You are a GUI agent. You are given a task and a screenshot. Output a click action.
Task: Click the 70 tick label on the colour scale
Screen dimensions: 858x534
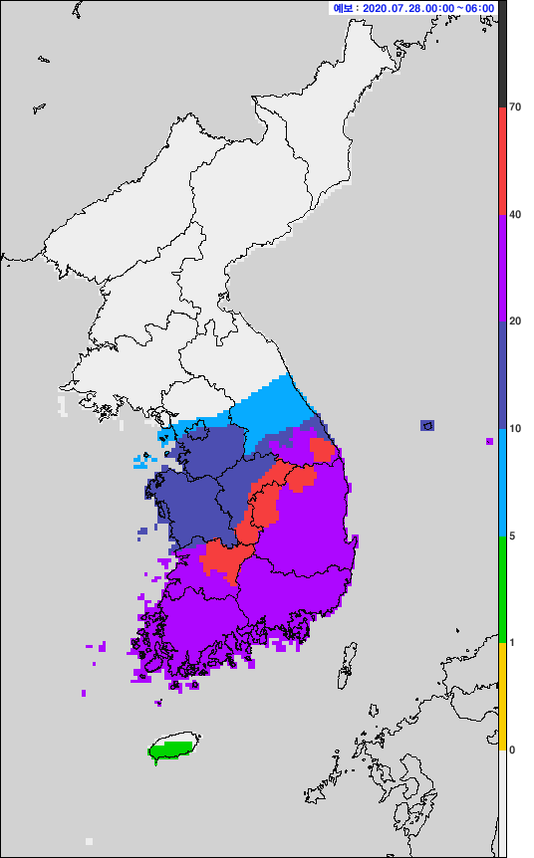click(515, 107)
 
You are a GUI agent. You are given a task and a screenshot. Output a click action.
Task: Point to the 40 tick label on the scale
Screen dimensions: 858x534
click(515, 214)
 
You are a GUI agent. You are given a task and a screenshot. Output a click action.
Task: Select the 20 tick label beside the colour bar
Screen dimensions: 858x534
click(515, 321)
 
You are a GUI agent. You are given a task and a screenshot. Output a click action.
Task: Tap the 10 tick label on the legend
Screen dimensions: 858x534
click(515, 428)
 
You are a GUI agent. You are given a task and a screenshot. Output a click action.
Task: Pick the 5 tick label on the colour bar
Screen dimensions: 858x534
click(512, 536)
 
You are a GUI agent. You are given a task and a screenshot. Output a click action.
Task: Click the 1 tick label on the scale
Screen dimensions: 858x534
click(512, 642)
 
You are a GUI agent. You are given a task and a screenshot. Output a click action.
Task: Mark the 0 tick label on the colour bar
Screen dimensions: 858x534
click(512, 750)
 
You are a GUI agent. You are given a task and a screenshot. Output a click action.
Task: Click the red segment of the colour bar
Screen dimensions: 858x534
click(503, 159)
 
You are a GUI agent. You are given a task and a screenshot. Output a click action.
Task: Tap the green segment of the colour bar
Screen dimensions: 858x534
click(503, 589)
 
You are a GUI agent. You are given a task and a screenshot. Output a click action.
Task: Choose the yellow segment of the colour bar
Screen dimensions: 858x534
click(503, 696)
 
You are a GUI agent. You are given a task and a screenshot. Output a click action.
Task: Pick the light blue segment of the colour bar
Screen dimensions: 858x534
click(503, 482)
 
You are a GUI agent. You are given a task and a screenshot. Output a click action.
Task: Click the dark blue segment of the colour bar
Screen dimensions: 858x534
click(503, 374)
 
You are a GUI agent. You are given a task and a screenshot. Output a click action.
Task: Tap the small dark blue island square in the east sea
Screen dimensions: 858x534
click(427, 425)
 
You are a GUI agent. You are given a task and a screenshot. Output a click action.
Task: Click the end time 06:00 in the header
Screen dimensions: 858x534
click(479, 8)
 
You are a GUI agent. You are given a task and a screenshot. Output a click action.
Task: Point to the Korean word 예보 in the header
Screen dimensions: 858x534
click(343, 8)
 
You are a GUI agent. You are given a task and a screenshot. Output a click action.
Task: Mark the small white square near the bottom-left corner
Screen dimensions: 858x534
click(90, 841)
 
